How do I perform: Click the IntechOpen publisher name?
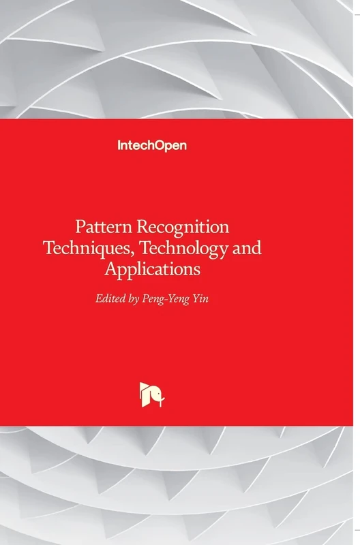152,144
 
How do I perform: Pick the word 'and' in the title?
247,249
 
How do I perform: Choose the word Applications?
153,270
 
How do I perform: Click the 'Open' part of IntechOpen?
171,144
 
